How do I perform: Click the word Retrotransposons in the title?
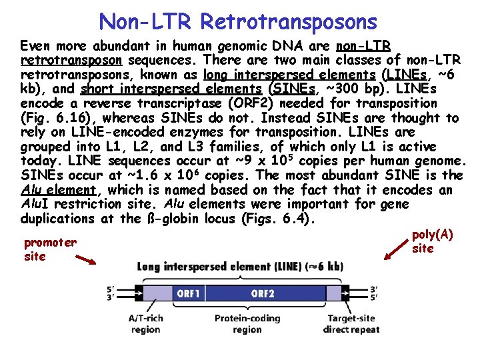point(289,21)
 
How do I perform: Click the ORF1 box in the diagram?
point(189,293)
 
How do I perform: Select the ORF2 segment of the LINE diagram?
point(263,293)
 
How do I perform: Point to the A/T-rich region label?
point(145,324)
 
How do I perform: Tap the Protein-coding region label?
point(247,324)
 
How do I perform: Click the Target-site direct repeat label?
point(351,324)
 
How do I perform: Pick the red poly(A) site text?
point(432,241)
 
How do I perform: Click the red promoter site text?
point(49,249)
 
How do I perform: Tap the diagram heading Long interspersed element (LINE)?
point(241,267)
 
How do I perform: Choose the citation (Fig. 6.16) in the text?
point(50,118)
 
